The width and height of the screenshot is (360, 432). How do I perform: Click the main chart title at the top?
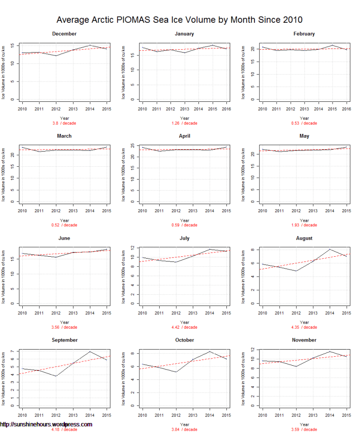pyautogui.click(x=180, y=20)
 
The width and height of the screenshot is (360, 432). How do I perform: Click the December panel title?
pyautogui.click(x=64, y=34)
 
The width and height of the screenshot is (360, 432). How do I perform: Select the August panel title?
pyautogui.click(x=304, y=238)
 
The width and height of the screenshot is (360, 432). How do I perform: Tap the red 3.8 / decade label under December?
pyautogui.click(x=64, y=123)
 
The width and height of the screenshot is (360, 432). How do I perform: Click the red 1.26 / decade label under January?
pyautogui.click(x=184, y=123)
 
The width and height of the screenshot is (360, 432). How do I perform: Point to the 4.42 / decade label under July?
pyautogui.click(x=184, y=327)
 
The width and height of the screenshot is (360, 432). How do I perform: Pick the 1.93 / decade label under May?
pyautogui.click(x=304, y=225)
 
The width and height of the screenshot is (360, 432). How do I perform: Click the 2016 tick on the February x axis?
pyautogui.click(x=346, y=109)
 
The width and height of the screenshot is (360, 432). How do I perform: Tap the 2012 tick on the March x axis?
pyautogui.click(x=56, y=211)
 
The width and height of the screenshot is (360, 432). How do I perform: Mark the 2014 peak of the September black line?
pyautogui.click(x=90, y=351)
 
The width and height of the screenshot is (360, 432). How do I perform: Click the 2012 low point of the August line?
pyautogui.click(x=296, y=271)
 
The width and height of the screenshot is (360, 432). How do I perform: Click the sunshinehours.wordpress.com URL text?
pyautogui.click(x=46, y=424)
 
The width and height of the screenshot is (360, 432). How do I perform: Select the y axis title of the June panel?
pyautogui.click(x=3, y=276)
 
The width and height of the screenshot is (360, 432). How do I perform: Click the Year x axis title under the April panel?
pyautogui.click(x=184, y=220)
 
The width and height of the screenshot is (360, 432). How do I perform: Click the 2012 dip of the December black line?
pyautogui.click(x=56, y=56)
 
